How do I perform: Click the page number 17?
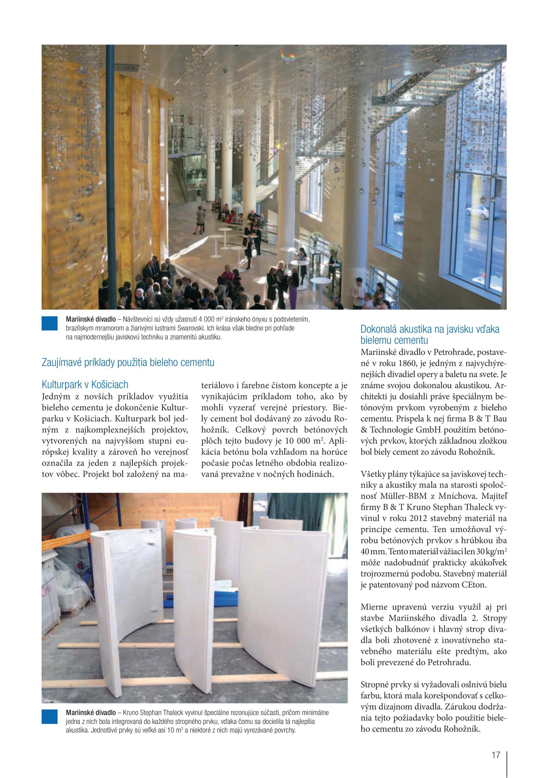pyautogui.click(x=495, y=755)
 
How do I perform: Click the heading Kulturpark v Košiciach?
pyautogui.click(x=85, y=384)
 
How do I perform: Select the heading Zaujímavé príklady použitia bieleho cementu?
pyautogui.click(x=128, y=362)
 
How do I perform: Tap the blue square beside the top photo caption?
pyautogui.click(x=50, y=323)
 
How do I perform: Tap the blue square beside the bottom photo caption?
pyautogui.click(x=50, y=717)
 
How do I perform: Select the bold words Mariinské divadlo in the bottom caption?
pyautogui.click(x=91, y=713)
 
